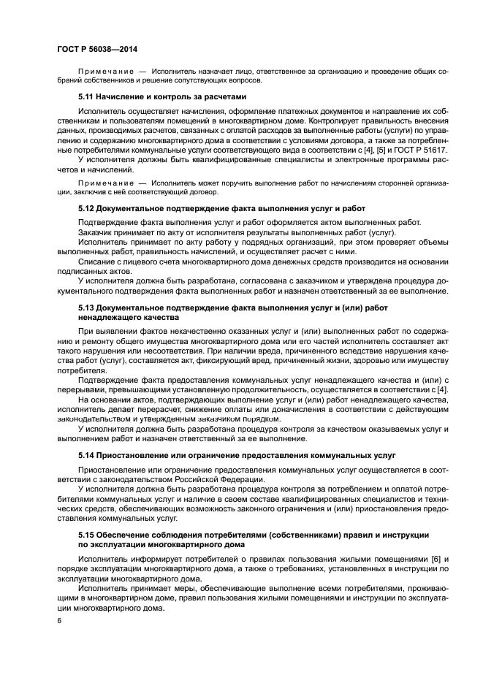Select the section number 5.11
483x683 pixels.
tap(86, 96)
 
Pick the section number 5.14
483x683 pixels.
tap(86, 456)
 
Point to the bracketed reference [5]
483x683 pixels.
tap(357, 149)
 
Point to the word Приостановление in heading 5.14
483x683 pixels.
tap(139, 456)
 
